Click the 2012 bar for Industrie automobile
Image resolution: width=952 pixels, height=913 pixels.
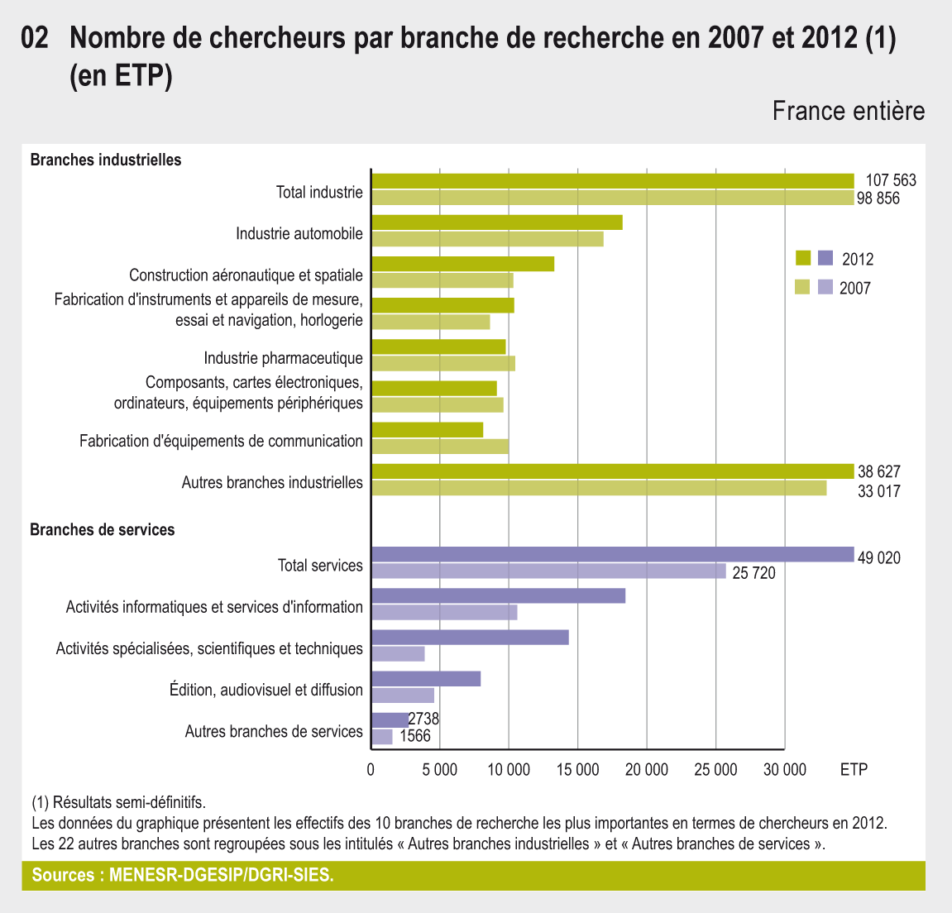tap(496, 222)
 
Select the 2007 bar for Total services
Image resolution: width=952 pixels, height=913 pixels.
tap(548, 571)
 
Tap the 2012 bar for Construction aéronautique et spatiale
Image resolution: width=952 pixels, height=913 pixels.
tap(462, 264)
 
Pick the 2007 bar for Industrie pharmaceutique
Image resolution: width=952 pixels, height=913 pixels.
tap(443, 363)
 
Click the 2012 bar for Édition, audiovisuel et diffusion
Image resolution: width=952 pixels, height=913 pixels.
tap(426, 679)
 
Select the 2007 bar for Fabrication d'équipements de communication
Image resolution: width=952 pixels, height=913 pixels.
tap(440, 447)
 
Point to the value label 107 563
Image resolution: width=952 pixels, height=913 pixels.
tap(891, 180)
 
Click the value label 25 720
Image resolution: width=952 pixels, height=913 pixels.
tap(753, 572)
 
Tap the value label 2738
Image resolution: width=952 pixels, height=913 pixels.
tap(423, 719)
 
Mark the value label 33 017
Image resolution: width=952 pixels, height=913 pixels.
tap(878, 491)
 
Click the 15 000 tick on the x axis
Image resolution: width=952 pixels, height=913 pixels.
tap(577, 770)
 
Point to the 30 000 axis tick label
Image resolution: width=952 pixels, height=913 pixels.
tap(783, 770)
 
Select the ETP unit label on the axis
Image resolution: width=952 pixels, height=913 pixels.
tap(854, 770)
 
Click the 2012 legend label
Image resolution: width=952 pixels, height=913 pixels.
tap(858, 259)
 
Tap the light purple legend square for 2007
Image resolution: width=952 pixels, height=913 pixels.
tap(825, 288)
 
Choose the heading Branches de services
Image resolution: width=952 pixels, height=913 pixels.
tap(103, 529)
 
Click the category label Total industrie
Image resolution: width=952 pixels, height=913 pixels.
tap(319, 193)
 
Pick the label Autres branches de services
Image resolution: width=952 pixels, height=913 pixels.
tap(274, 731)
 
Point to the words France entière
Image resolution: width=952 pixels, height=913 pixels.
tap(849, 111)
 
